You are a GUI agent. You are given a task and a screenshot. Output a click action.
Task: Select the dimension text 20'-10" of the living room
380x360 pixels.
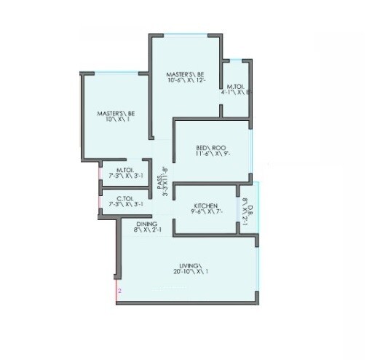[182, 272]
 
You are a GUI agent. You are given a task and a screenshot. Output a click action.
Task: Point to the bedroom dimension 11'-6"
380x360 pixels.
[202, 155]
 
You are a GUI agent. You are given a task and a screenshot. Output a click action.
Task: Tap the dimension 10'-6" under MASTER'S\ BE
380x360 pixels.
[176, 81]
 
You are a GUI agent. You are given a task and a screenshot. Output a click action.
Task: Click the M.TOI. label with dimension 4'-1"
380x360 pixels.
[237, 86]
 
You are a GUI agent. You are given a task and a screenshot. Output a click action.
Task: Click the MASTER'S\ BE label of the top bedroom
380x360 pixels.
[184, 74]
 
